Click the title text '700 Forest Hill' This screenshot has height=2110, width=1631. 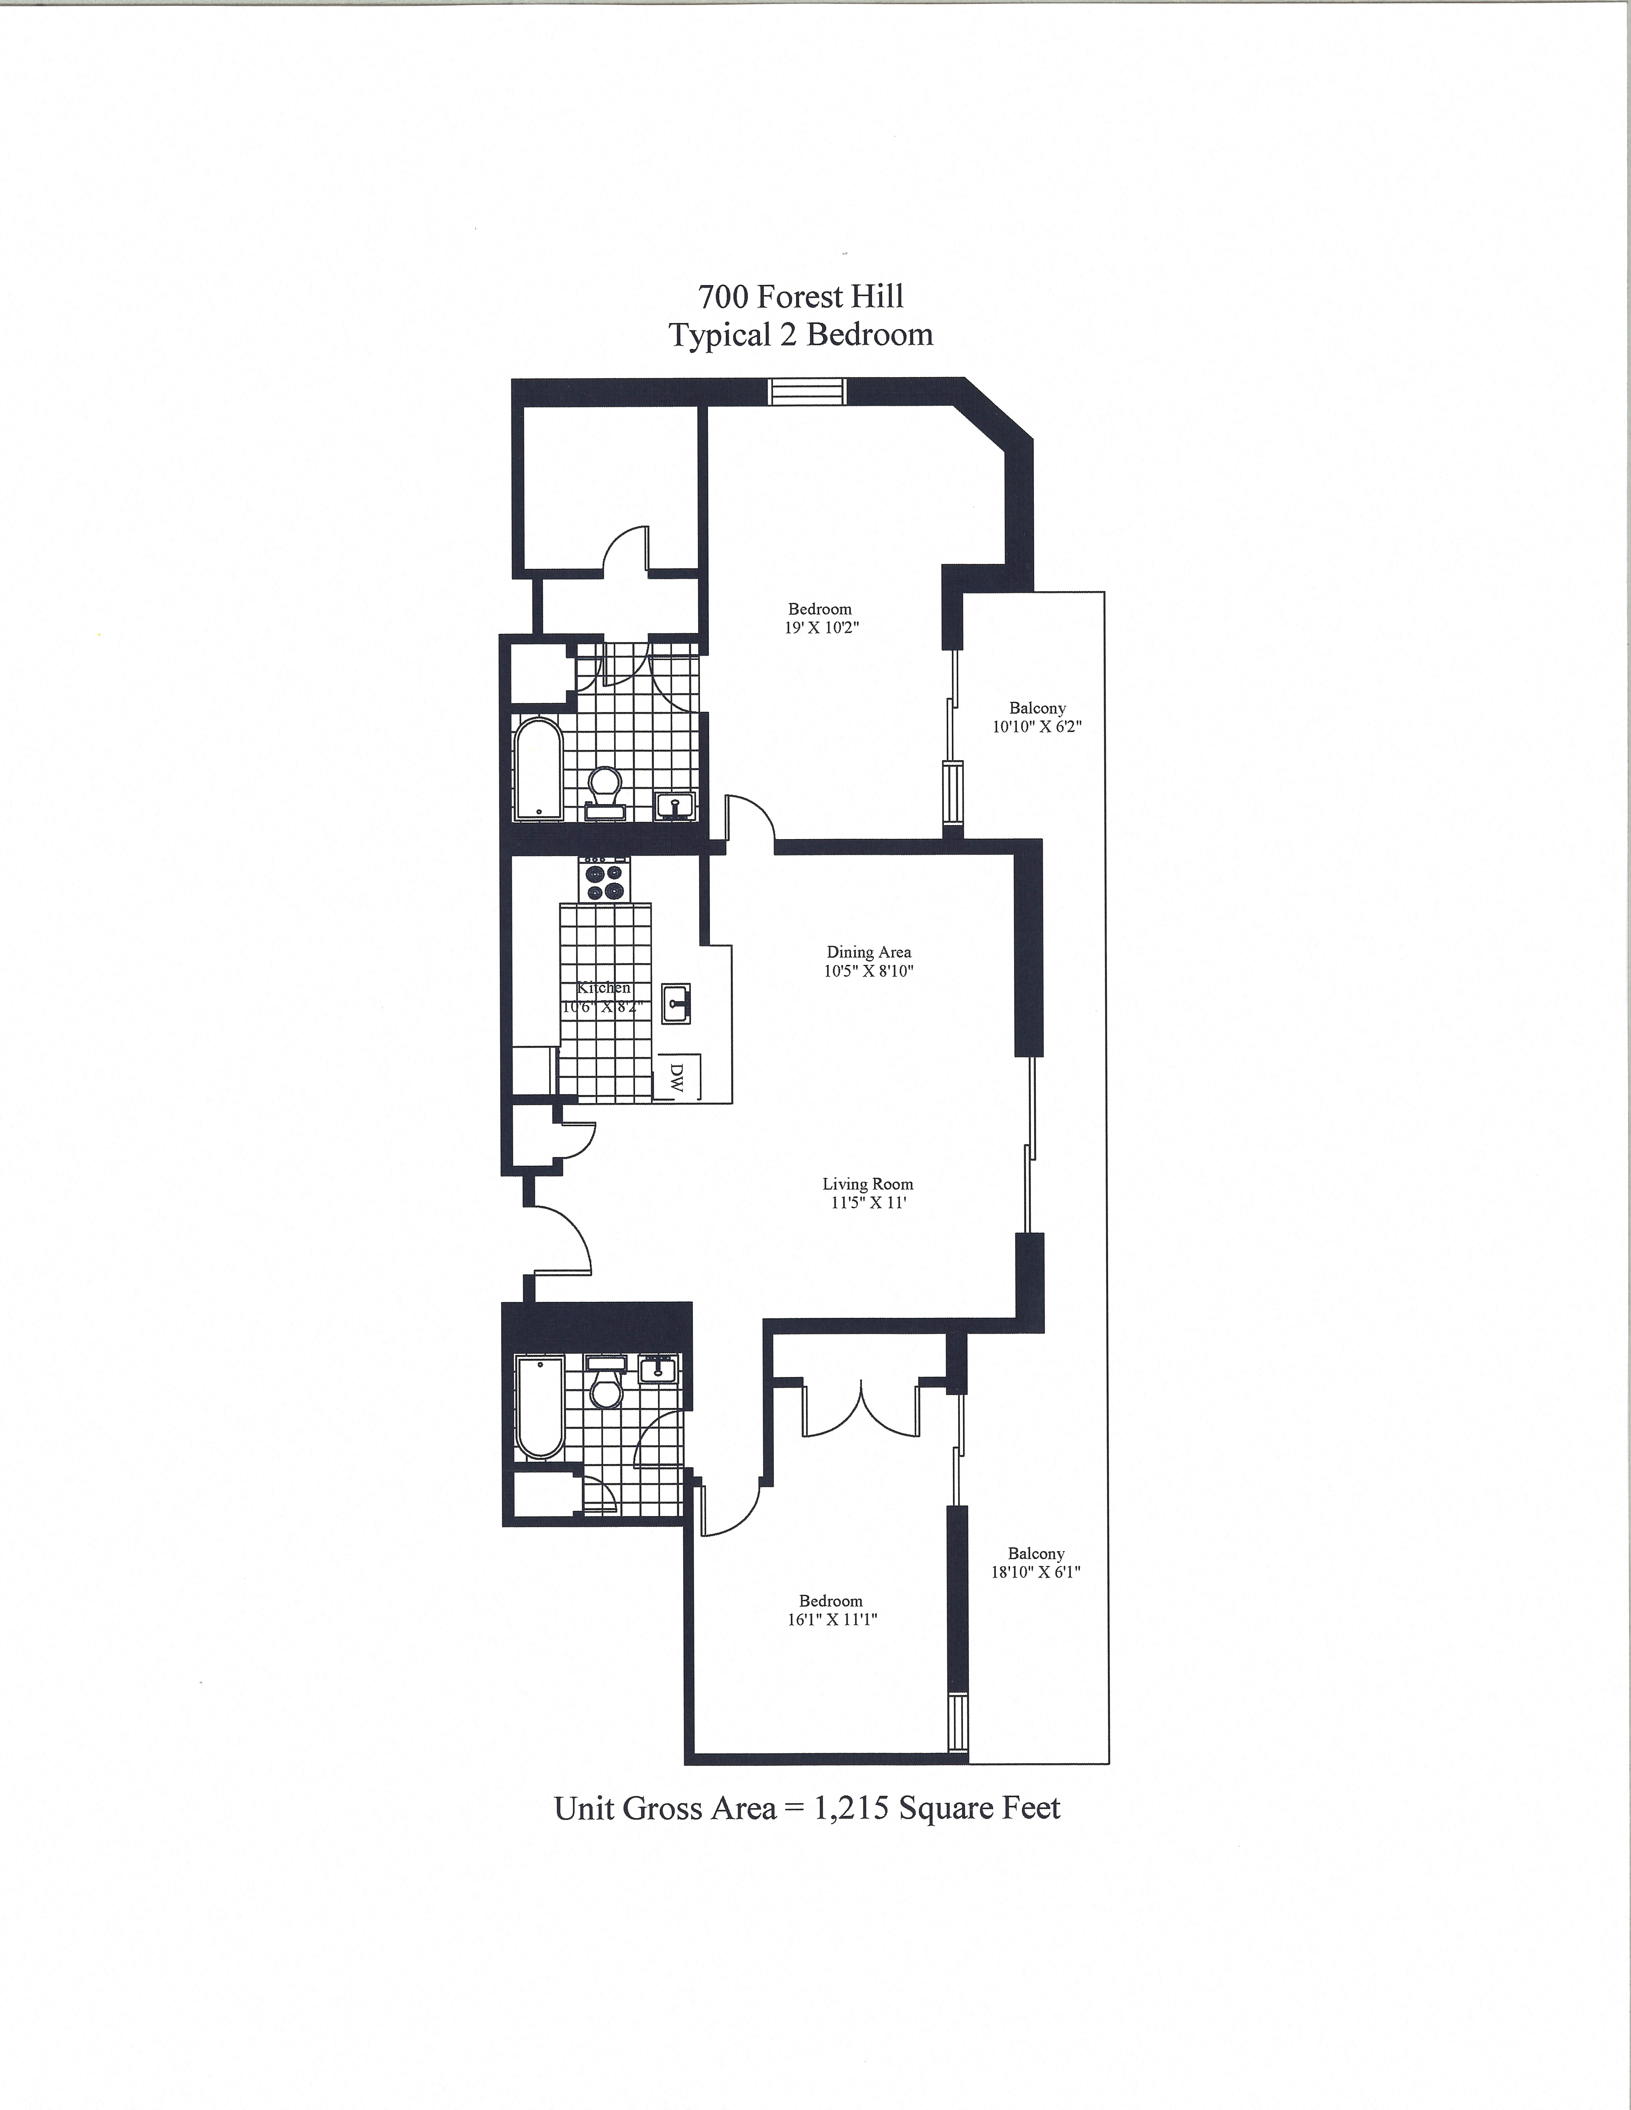tap(801, 296)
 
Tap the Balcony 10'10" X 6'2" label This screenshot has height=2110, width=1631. tap(1037, 717)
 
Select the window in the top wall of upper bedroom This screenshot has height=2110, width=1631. tap(807, 391)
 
